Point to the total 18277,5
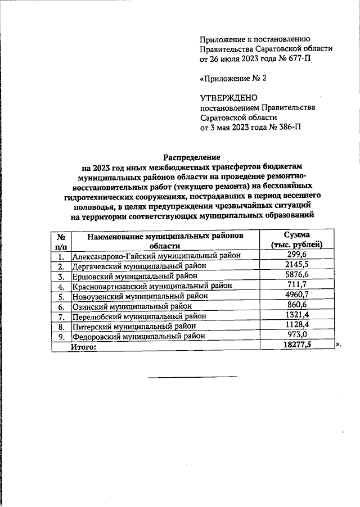tap(296, 347)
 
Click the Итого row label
tap(83, 347)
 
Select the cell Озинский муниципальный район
tap(132, 306)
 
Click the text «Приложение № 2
tap(233, 78)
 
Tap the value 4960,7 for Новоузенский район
tap(296, 296)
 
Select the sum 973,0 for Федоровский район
tap(296, 337)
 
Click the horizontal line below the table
tap(192, 376)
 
